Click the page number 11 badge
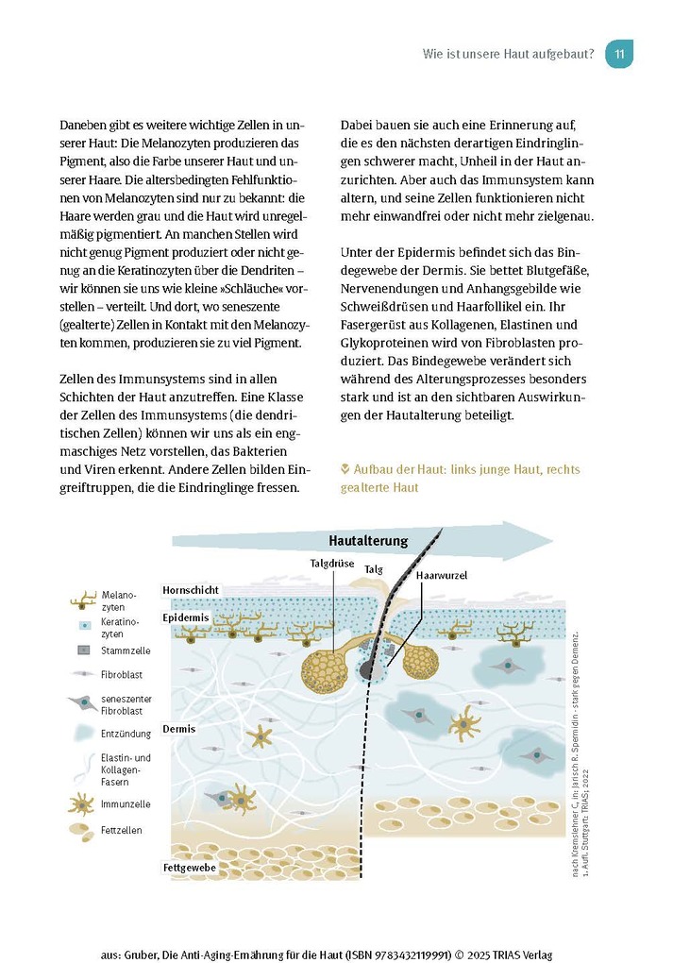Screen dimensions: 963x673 click(619, 54)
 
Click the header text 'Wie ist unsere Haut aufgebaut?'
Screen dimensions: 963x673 click(508, 54)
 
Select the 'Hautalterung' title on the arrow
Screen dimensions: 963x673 click(368, 541)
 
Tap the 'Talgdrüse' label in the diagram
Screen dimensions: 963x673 click(331, 564)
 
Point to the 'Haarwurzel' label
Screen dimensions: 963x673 click(441, 574)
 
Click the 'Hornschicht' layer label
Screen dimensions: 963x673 click(191, 590)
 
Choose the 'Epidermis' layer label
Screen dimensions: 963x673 click(185, 617)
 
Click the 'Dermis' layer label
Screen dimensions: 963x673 click(178, 729)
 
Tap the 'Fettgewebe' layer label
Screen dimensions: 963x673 click(190, 867)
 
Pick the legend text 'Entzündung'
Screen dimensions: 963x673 click(126, 733)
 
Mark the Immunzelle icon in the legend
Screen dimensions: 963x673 click(82, 803)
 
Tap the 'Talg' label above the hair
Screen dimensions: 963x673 click(374, 569)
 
